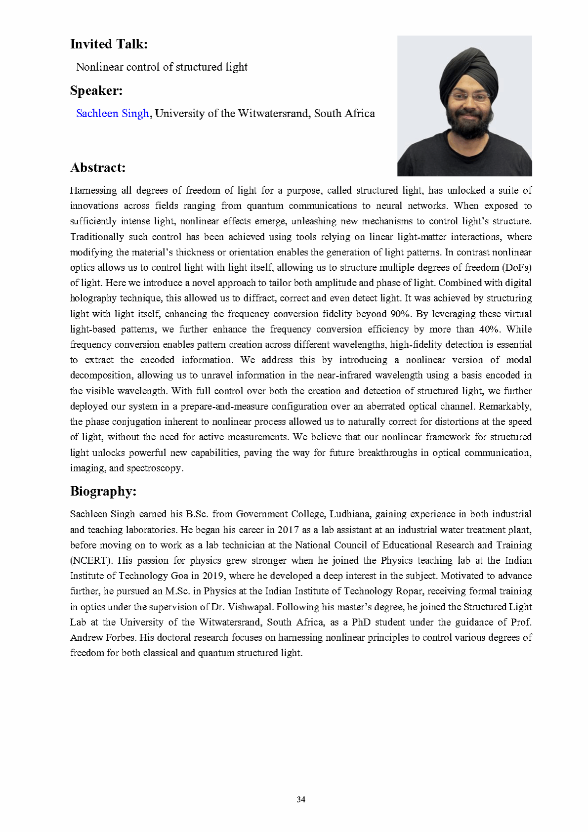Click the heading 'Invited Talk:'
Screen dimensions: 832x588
click(109, 44)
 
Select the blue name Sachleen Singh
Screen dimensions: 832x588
click(112, 114)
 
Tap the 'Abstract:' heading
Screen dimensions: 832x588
click(98, 168)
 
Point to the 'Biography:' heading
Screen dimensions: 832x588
click(103, 492)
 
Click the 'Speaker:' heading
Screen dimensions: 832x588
click(96, 91)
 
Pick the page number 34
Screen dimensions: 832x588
click(301, 799)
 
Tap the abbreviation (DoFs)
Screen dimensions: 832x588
click(516, 268)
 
